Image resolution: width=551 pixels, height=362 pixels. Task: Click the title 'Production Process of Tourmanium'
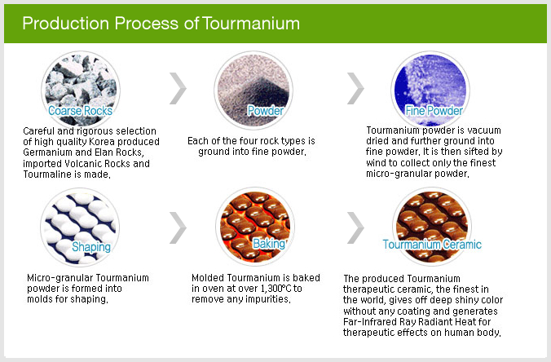[x=161, y=24]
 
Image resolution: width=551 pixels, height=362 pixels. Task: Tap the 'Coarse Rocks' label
[x=80, y=111]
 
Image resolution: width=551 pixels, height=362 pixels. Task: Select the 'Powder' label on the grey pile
[x=265, y=111]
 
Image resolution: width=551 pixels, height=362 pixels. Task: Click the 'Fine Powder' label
[x=434, y=111]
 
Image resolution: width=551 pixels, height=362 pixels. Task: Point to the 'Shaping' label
[x=91, y=247]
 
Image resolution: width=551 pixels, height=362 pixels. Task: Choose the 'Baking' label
[x=269, y=244]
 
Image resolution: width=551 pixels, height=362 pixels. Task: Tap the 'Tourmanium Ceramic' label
[x=432, y=245]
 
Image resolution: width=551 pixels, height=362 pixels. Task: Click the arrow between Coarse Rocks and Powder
[x=179, y=89]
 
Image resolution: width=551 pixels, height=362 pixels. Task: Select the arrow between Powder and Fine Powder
[x=355, y=89]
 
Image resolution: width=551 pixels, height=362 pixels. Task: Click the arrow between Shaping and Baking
[x=179, y=227]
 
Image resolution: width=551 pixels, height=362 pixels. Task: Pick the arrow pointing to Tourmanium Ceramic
[x=355, y=227]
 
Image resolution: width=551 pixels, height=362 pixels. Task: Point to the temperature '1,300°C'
[x=275, y=289]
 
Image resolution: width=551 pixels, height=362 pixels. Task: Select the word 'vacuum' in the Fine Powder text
[x=484, y=130]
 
